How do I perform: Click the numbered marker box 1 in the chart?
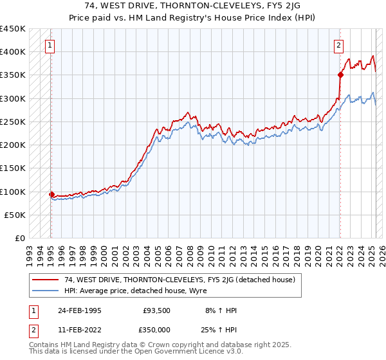pyautogui.click(x=50, y=46)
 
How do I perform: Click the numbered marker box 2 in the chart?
pyautogui.click(x=338, y=46)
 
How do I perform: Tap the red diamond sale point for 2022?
pyautogui.click(x=340, y=75)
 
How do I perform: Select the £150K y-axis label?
pyautogui.click(x=14, y=168)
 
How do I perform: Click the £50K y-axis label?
pyautogui.click(x=16, y=215)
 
